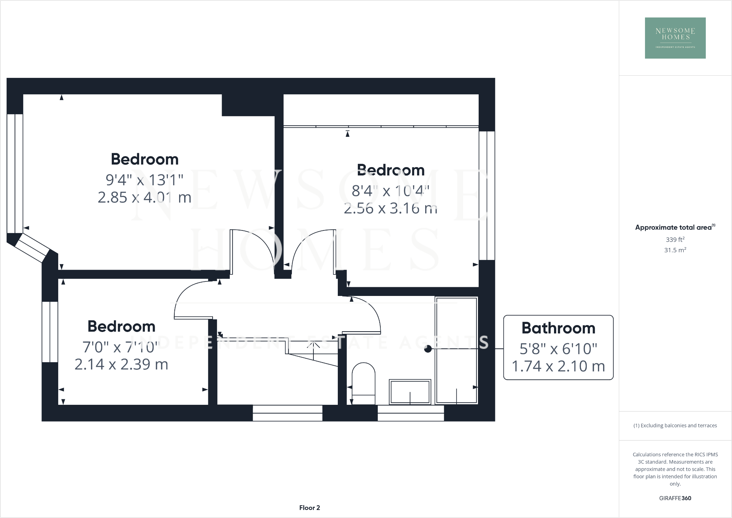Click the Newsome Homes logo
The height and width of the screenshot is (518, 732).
click(x=675, y=38)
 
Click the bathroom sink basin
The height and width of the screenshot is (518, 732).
click(x=410, y=392)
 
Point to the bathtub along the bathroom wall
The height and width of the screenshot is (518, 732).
click(x=456, y=350)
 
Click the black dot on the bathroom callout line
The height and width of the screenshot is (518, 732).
click(x=428, y=349)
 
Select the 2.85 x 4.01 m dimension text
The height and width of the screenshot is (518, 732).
click(x=145, y=198)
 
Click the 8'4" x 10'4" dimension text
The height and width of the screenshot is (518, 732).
click(x=390, y=191)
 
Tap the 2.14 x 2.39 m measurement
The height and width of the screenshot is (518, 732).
click(x=121, y=364)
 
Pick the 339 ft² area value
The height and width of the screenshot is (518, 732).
click(x=675, y=240)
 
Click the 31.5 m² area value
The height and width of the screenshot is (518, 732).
click(x=675, y=250)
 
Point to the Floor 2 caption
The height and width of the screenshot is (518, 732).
click(x=309, y=508)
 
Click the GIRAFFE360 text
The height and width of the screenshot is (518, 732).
click(x=675, y=498)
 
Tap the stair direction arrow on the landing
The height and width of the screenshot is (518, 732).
click(x=313, y=346)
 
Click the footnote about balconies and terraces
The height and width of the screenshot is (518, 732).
click(x=675, y=426)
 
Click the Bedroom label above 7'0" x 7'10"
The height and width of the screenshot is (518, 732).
click(x=121, y=327)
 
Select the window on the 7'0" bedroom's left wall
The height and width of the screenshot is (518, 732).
click(x=50, y=332)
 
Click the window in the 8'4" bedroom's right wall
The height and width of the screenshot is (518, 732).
click(x=487, y=195)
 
